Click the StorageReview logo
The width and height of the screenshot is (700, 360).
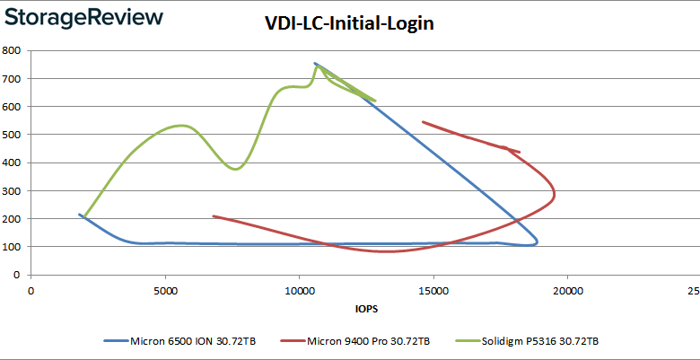(83, 17)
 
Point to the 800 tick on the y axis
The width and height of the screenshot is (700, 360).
(13, 50)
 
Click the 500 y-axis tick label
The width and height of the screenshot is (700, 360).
(13, 135)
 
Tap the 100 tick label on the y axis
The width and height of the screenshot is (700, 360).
(13, 247)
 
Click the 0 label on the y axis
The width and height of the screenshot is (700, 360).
(18, 275)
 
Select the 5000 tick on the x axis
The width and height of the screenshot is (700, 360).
(165, 290)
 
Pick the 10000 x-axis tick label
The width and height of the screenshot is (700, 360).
(299, 290)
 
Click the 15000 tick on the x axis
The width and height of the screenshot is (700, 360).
(433, 290)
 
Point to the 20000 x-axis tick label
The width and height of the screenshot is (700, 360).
(568, 290)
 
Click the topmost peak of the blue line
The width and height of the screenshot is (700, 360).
(315, 63)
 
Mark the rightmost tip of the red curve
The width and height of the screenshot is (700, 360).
(555, 193)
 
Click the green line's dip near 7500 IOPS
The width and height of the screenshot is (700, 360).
(235, 169)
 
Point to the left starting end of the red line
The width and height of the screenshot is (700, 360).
(213, 215)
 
